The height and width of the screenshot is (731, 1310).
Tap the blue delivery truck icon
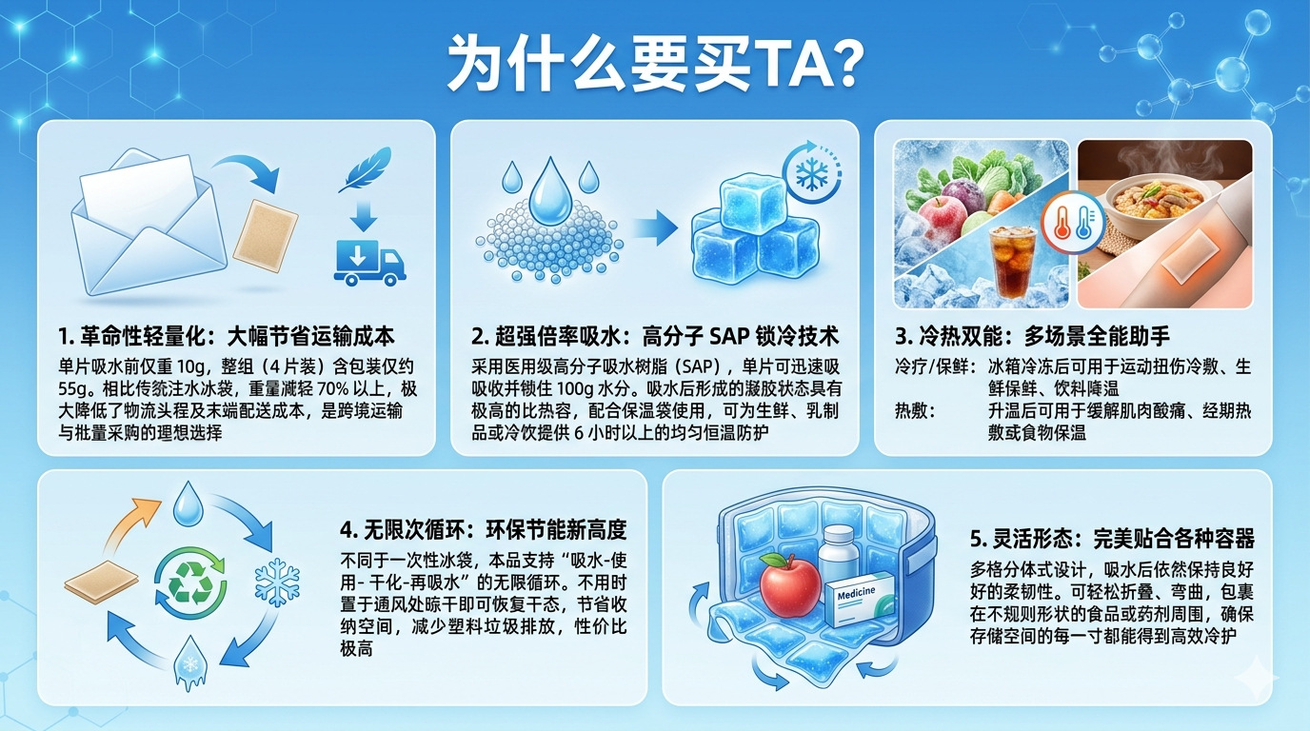369,262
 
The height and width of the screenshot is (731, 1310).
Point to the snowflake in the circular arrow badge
812,173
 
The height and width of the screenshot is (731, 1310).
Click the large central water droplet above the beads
550,190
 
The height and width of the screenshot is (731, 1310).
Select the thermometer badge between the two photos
1073,223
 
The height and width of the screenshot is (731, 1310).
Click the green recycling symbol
190,583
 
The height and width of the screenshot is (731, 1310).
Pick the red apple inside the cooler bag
790,583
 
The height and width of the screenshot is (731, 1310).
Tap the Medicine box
860,599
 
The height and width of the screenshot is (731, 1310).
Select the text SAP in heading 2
728,336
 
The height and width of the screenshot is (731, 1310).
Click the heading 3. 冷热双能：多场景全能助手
1032,336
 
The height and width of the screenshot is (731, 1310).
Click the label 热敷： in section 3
915,410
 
